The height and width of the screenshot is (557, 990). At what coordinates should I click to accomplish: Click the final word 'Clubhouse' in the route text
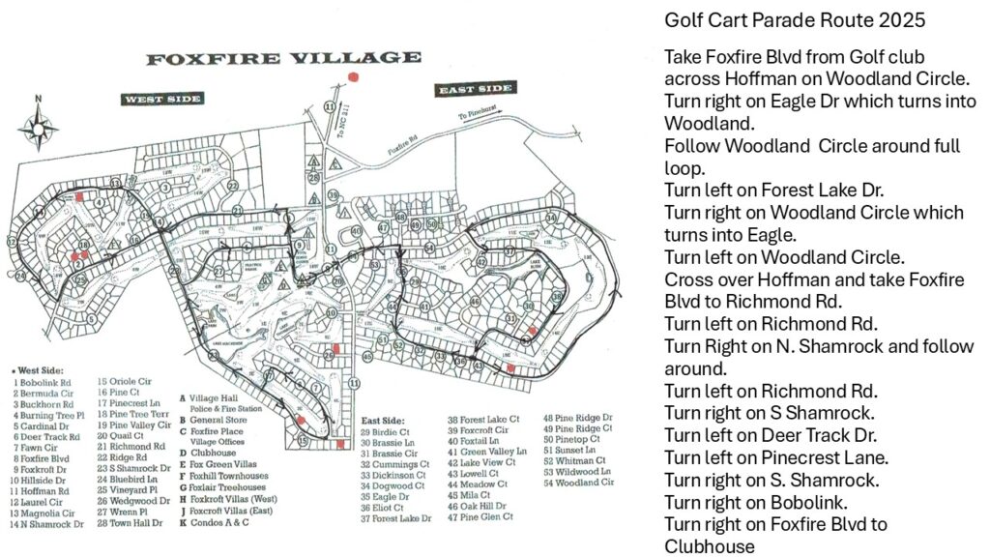pos(709,546)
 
